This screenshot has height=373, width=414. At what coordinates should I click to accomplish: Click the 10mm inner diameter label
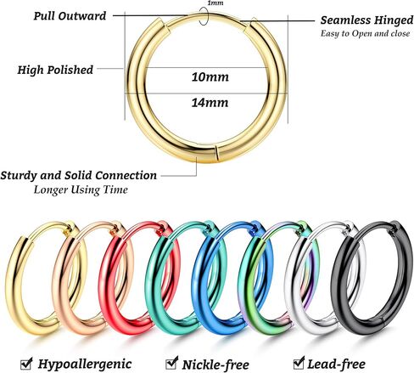pos(210,77)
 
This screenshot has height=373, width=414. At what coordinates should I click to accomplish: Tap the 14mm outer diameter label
pos(210,103)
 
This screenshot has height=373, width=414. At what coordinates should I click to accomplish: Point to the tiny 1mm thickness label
pos(215,3)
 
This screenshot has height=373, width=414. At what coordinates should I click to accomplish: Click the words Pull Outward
pos(70,16)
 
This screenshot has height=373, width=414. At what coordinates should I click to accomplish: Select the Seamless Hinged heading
pos(366,20)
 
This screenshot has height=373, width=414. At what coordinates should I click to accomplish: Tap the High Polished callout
pos(55,70)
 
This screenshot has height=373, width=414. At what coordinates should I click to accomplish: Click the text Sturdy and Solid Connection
pos(78,175)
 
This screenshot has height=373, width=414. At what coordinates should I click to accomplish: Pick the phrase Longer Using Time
pos(81,189)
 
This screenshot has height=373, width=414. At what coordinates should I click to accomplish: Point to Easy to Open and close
pos(365,34)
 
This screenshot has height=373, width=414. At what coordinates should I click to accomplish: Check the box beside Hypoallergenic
pos(26,364)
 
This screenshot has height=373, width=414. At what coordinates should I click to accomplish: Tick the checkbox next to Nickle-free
pos(171,364)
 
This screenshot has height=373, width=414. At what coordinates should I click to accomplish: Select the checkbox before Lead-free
pos(299,363)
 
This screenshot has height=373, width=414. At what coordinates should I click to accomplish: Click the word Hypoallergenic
pos(85,365)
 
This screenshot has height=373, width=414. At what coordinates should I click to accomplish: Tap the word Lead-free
pos(337,364)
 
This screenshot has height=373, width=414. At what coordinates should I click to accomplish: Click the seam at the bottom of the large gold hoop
pos(216,154)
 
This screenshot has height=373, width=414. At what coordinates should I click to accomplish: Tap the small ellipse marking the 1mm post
pos(203,16)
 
